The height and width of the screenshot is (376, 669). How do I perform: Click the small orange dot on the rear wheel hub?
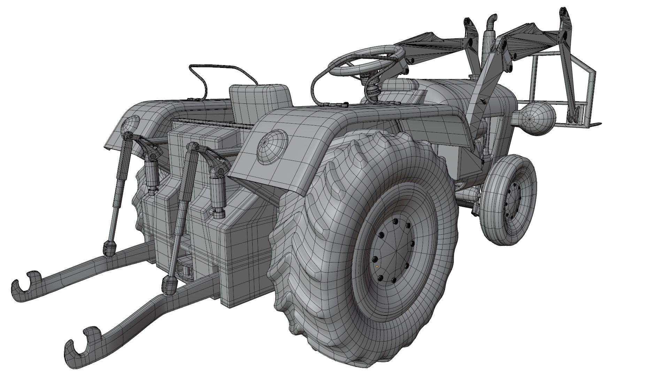(x=377, y=266)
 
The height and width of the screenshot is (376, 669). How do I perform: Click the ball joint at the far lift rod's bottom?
(x=109, y=247)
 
